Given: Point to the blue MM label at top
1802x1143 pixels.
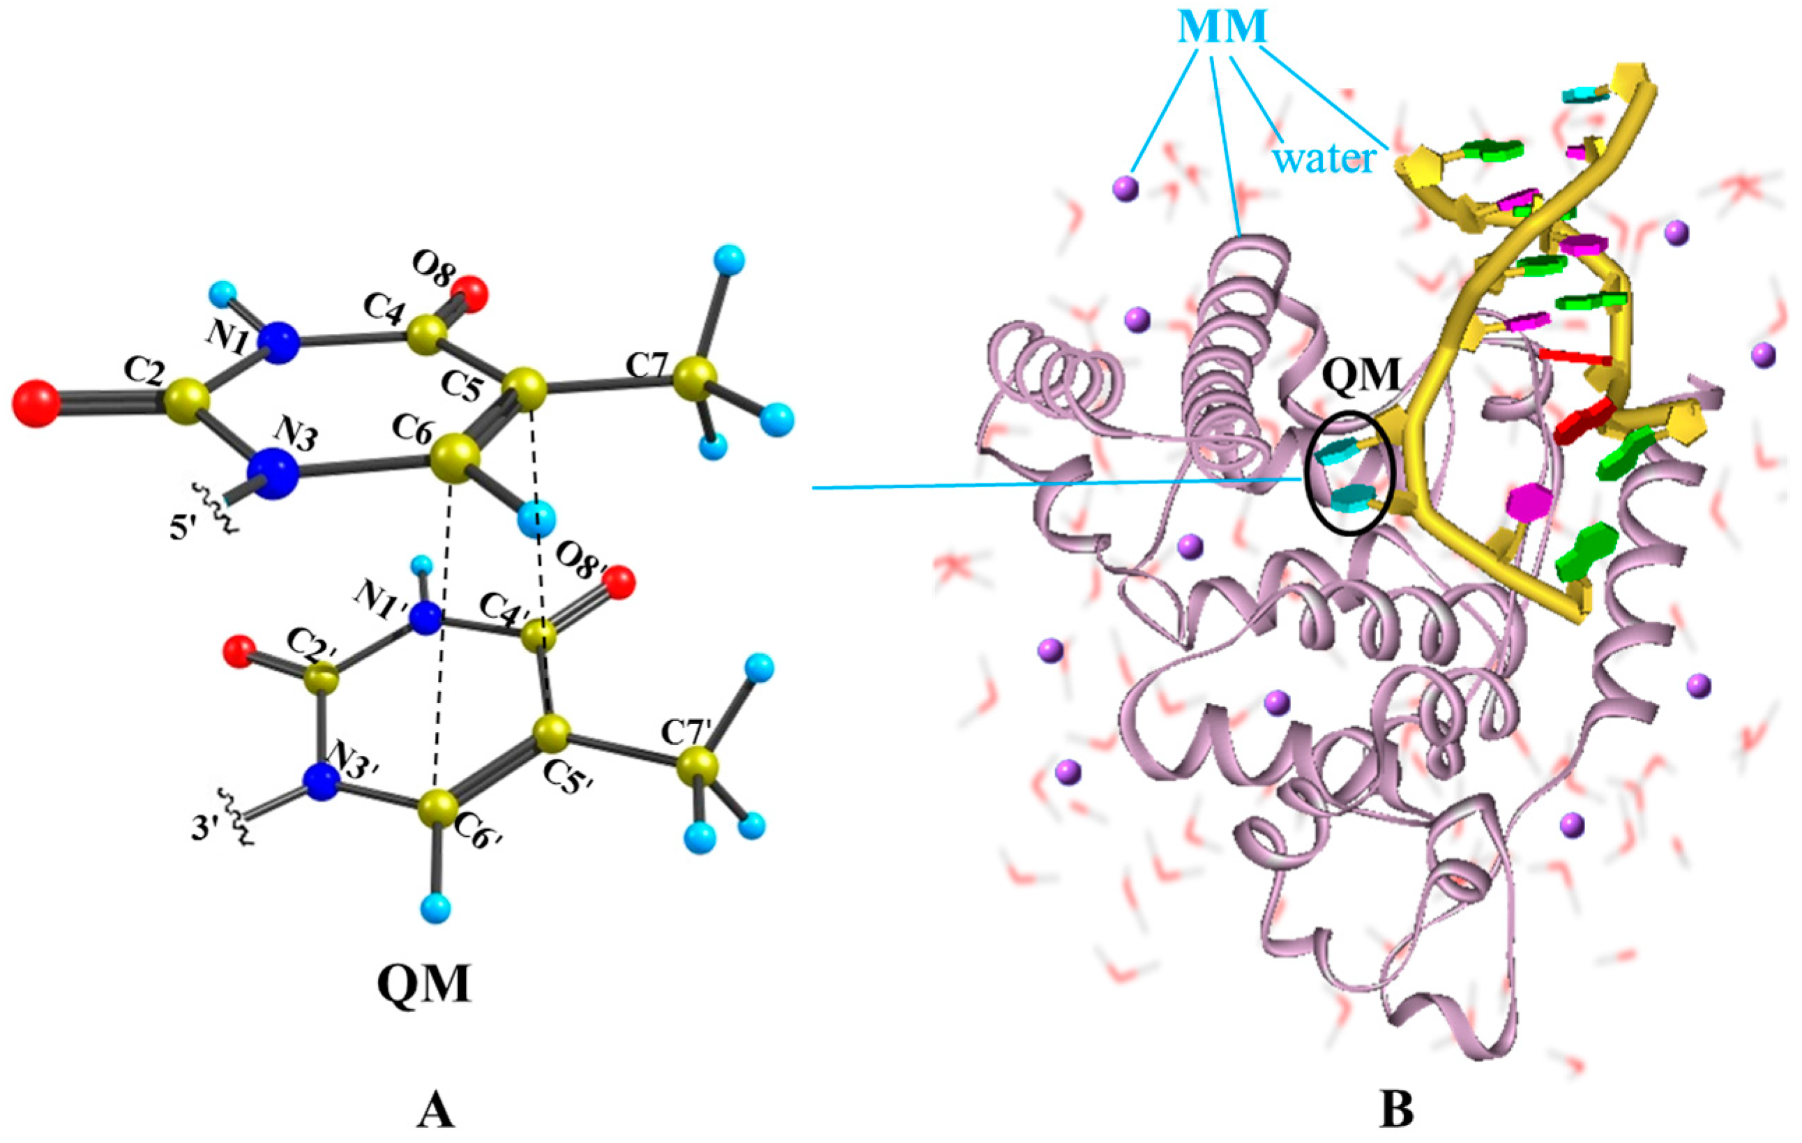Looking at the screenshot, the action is coord(1222,28).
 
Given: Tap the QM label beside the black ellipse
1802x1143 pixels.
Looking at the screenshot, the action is coord(1361,374).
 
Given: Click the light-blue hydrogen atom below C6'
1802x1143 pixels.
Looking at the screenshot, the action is coord(437,909).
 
